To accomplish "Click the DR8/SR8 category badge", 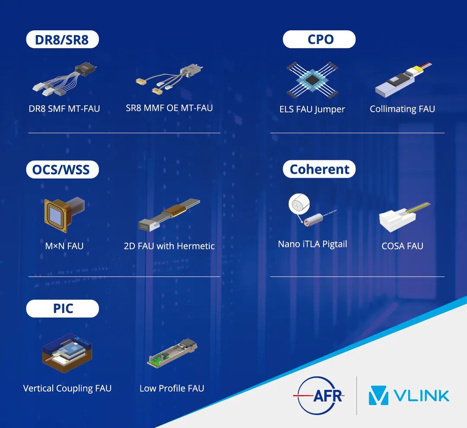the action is point(63,39).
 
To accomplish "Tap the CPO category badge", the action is point(319,39).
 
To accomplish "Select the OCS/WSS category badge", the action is point(63,169).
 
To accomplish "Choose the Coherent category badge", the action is point(319,169).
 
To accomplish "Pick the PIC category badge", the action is point(63,308).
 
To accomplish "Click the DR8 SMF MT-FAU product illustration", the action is point(64,79).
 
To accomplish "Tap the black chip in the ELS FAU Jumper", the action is point(312,80).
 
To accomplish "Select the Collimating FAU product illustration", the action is point(403,80).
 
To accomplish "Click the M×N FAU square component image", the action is point(64,214).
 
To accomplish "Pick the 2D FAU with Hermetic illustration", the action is point(169,215).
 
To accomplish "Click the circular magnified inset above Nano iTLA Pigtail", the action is point(299,204).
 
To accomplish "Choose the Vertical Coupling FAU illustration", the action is point(67,353).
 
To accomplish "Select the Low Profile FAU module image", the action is point(172,353).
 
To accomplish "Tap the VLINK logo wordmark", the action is point(421,396).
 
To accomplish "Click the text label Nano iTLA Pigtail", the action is point(313,244).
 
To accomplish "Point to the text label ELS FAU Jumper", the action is point(312,109).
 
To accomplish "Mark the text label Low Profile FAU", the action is point(172,388).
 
